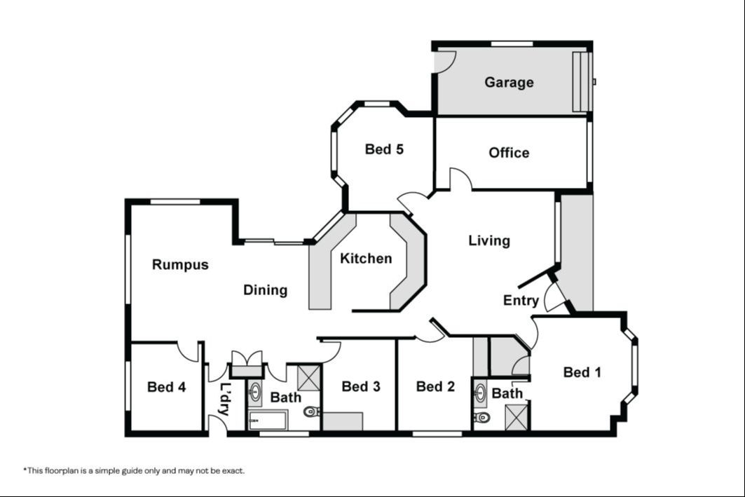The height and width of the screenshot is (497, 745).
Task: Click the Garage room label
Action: tap(509, 82)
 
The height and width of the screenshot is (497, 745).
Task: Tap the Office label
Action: tap(509, 153)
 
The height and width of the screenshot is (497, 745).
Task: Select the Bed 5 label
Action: tap(384, 149)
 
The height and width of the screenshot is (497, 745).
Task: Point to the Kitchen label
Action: tap(366, 259)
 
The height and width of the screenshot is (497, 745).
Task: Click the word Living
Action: tap(489, 240)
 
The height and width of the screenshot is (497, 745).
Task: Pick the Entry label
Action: tap(521, 300)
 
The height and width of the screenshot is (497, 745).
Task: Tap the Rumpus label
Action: tap(180, 265)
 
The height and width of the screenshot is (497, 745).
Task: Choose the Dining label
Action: tap(265, 290)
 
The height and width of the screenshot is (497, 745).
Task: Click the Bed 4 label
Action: tap(166, 387)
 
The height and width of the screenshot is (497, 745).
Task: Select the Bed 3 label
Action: tap(361, 386)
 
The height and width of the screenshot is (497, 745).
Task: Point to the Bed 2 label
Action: tap(435, 386)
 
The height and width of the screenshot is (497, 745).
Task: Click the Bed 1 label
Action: tap(582, 372)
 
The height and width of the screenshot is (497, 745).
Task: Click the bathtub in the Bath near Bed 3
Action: tap(268, 421)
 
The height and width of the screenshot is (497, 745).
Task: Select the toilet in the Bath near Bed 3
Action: tap(312, 411)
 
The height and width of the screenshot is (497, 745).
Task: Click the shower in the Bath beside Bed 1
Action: tap(517, 417)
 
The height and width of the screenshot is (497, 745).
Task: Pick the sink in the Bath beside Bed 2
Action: tap(481, 393)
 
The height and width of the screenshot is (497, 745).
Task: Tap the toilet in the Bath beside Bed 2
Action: tap(481, 418)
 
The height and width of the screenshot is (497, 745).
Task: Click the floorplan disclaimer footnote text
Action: tap(134, 471)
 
